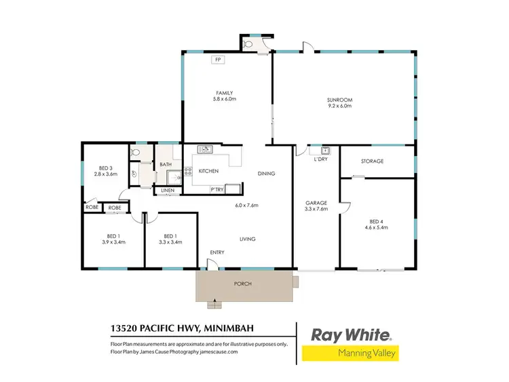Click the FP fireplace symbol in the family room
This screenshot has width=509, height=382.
point(219,60)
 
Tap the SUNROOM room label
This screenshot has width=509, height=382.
point(340,100)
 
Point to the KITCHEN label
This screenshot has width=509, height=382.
point(208,170)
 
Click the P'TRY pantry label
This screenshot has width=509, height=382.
point(217,189)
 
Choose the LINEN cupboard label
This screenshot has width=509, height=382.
point(168,191)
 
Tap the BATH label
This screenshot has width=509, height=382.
point(166,164)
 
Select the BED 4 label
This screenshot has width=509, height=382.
point(377,221)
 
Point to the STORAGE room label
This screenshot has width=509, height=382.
point(372,161)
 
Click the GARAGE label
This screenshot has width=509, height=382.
point(316,202)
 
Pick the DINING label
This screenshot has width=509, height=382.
point(266,174)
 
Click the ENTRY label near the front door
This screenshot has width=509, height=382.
point(216,253)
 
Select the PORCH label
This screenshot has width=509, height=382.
point(242,284)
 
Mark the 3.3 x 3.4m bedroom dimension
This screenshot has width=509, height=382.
point(170,242)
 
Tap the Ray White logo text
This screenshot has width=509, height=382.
point(351,335)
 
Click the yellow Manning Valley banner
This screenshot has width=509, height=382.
point(351,354)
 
